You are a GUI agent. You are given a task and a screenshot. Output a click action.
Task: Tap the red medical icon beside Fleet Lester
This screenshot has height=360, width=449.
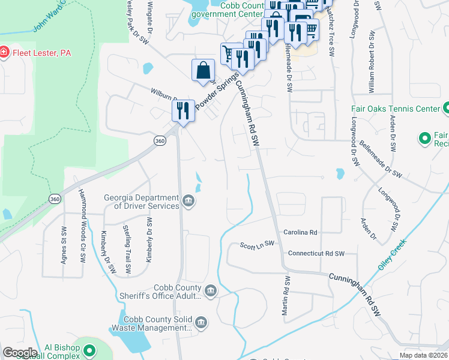pos(4,53)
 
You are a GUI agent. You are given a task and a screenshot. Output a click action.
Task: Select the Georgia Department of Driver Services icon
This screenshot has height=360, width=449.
pos(188,200)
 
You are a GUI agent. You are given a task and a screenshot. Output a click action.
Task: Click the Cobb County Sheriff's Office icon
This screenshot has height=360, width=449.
pos(211,292)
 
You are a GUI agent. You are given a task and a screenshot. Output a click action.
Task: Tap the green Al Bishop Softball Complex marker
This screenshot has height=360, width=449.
pos(89,350)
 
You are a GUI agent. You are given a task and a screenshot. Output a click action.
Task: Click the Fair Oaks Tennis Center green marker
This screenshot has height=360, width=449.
pos(446,109)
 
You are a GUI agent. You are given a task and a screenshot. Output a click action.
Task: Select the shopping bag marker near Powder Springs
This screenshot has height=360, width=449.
pos(203,70)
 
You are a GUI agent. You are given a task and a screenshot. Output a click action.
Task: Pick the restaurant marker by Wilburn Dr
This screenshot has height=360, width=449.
pos(184,110)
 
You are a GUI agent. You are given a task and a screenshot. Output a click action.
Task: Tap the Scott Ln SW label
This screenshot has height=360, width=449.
pos(257,244)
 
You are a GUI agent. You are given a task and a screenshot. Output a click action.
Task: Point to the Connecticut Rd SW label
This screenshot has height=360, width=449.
pos(317,253)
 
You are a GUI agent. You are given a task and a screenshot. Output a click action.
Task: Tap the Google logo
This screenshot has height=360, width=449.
pos(20,353)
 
